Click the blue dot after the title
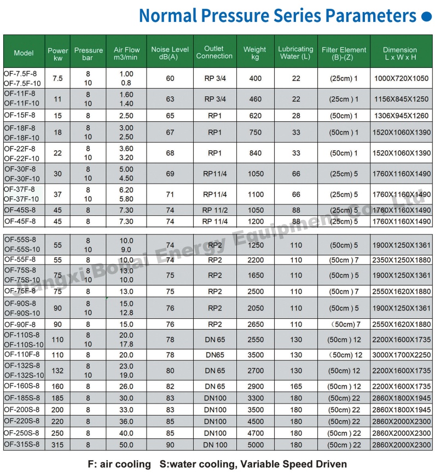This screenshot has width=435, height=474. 426,17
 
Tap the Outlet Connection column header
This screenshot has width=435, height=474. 214,52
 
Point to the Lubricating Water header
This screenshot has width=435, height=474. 296,52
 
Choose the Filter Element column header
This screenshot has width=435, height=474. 344,53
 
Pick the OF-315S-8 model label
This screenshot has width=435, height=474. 22,444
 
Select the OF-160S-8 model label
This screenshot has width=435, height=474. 22,386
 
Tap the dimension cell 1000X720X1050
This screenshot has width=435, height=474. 401,79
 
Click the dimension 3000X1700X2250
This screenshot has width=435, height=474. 401,355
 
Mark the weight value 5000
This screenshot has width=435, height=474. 255,444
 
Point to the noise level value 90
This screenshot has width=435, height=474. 170,444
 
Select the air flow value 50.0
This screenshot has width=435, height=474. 126,444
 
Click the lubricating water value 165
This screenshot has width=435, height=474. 296,387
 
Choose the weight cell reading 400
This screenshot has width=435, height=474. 255,79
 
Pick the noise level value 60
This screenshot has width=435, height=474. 170,79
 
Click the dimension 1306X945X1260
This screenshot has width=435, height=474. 401,116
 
